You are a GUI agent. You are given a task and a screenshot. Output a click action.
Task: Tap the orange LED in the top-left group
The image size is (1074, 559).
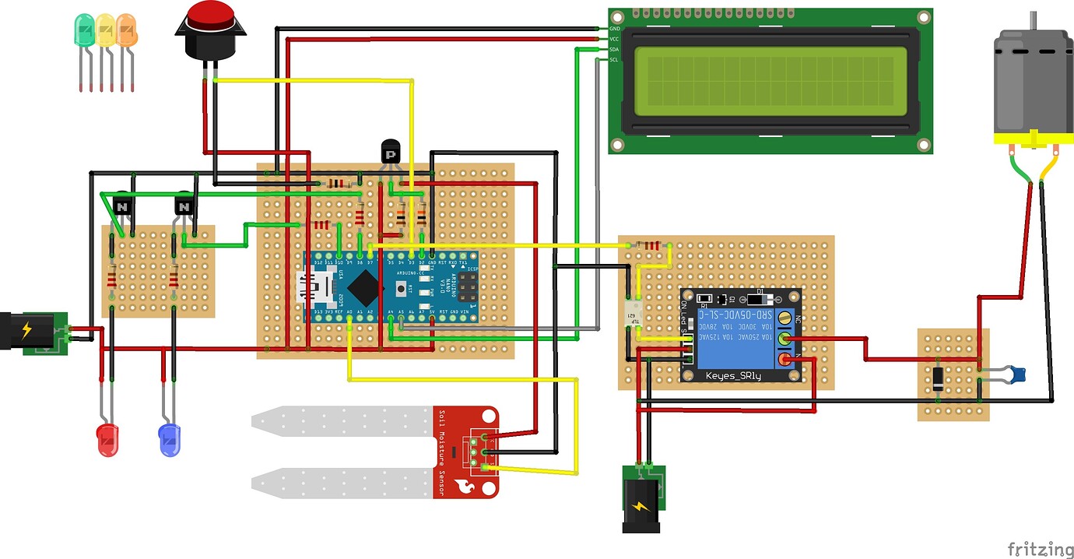127,30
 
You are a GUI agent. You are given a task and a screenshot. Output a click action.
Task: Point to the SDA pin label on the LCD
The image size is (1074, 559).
614,49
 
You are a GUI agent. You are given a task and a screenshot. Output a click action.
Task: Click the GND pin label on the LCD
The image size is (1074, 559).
614,28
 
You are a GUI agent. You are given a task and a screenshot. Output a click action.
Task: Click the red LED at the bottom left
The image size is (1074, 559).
107,440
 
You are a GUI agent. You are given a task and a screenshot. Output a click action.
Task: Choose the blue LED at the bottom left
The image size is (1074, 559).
169,440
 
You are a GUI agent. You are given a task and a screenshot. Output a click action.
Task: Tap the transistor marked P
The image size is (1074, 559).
391,151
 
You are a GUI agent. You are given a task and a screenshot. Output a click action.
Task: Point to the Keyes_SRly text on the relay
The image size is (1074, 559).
732,375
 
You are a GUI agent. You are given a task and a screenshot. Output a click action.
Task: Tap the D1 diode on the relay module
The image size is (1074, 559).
759,298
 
